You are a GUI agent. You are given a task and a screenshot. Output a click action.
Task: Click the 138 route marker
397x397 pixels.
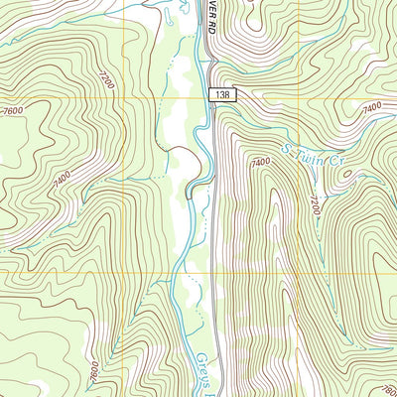point(223,92)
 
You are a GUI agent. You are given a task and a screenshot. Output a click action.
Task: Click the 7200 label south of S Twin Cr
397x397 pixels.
point(317,207)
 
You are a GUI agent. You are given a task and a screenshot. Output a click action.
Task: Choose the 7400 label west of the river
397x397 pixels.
point(62,178)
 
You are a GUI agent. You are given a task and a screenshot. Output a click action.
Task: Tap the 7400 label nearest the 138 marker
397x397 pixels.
point(261,162)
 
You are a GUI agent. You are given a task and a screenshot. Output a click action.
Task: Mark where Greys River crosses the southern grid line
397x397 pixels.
point(177,271)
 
